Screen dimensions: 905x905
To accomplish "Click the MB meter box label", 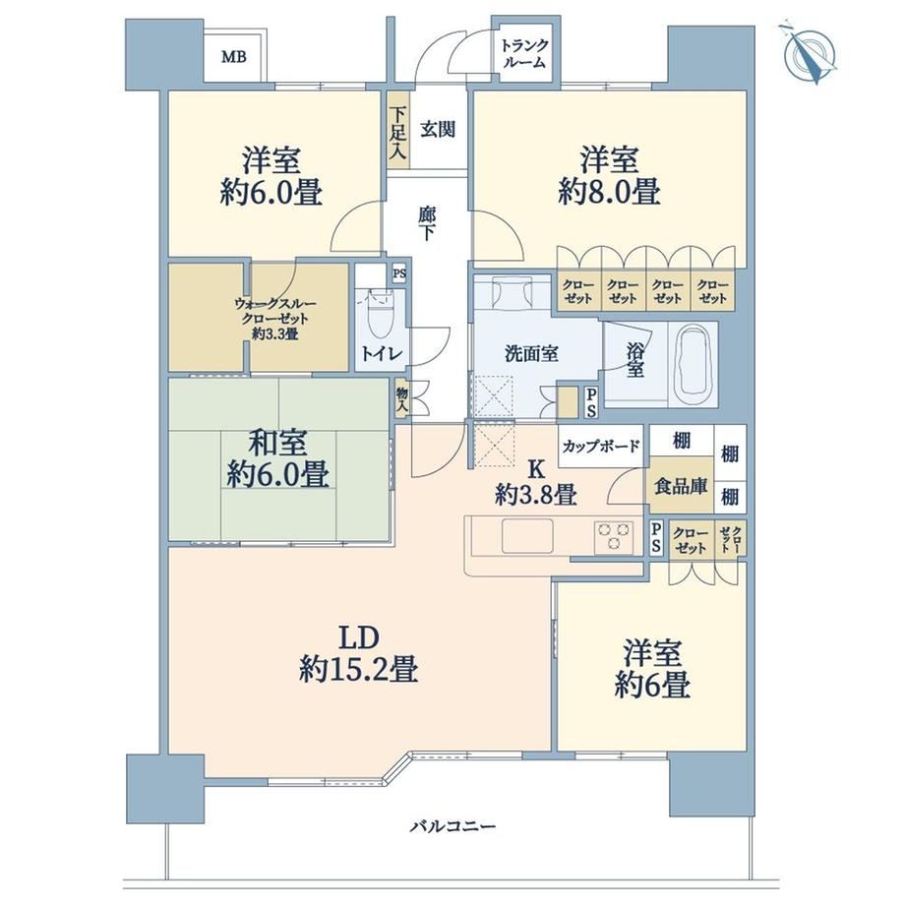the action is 234,57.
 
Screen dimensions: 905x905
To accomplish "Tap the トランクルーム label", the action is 524,54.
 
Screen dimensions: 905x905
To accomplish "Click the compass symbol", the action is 810,54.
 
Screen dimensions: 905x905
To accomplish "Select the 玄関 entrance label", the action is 438,129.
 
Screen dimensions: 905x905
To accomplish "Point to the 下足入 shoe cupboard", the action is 397,130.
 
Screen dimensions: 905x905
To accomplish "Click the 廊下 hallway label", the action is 427,224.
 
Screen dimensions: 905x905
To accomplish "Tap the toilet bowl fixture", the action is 379,316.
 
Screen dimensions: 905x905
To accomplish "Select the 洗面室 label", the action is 531,353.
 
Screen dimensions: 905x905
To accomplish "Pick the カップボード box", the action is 601,447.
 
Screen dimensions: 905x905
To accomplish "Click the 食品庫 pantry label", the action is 681,486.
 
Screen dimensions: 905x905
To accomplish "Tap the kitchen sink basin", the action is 527,535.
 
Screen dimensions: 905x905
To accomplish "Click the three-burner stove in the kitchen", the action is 614,536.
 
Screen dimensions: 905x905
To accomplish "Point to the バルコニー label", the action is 453,826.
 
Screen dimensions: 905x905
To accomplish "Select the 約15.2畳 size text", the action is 358,670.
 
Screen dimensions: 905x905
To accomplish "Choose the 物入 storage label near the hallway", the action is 402,398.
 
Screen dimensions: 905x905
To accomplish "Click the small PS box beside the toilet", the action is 399,273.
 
